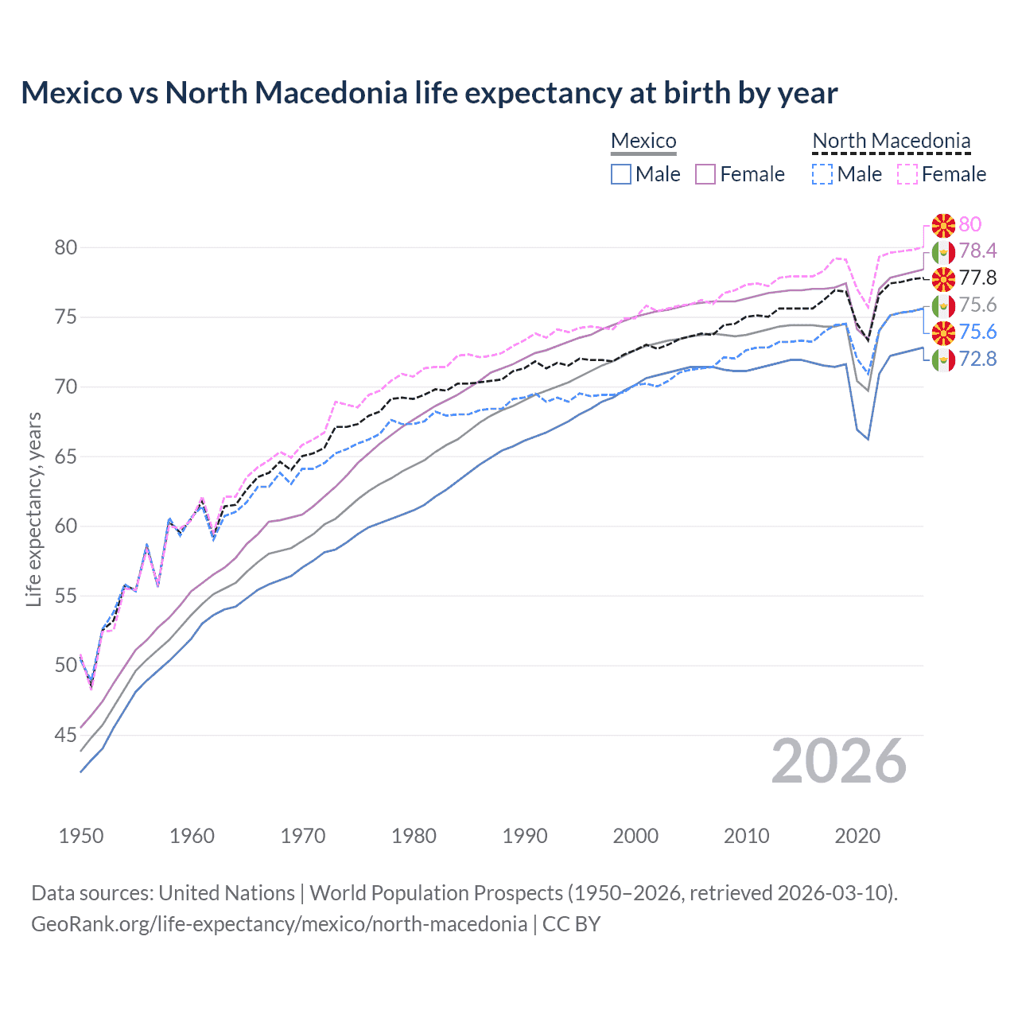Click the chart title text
[429, 93]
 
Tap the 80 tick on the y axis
[65, 247]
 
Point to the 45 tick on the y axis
[65, 735]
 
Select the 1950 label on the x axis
[81, 836]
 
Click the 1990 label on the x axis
[525, 836]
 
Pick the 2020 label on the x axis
[857, 836]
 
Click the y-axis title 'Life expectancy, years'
[33, 509]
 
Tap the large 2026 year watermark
[838, 761]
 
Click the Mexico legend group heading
[643, 141]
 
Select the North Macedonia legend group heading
[891, 141]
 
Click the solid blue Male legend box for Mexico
[621, 174]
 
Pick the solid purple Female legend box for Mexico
[705, 174]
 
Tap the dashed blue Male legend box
[822, 174]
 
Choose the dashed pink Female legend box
[907, 174]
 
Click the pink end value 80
[969, 224]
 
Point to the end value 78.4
[977, 251]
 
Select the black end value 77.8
[977, 278]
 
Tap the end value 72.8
[977, 359]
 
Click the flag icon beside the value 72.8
[943, 359]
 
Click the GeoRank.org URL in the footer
[279, 924]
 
